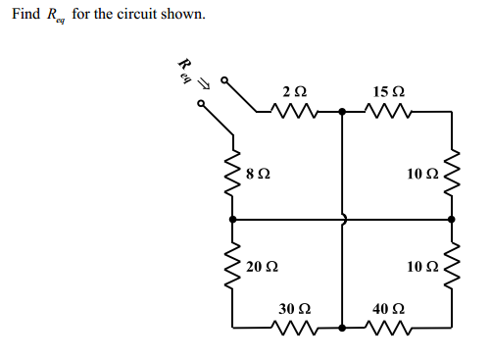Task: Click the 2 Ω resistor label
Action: coord(293,92)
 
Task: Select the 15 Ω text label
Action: coord(384,92)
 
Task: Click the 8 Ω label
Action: coord(258,174)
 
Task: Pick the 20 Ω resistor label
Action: coord(262,267)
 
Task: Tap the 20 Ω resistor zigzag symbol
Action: coord(232,267)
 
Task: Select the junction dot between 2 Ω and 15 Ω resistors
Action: coord(342,112)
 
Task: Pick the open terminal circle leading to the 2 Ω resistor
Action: coord(222,80)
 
